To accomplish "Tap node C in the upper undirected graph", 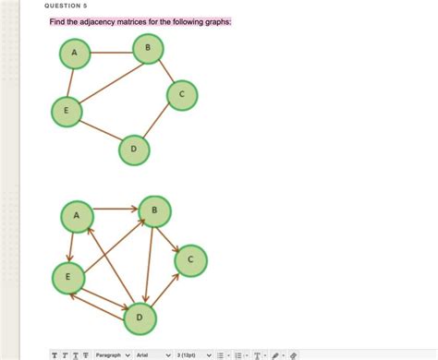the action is click(x=182, y=94).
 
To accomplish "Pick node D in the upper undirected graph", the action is click(x=134, y=149).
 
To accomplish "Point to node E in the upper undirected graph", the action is click(x=66, y=111).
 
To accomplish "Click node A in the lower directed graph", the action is click(x=77, y=217).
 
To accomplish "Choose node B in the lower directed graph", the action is click(x=154, y=211).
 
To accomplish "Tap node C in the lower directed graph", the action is click(x=190, y=260).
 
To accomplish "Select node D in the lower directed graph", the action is click(x=140, y=317).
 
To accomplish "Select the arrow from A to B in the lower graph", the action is click(x=116, y=210).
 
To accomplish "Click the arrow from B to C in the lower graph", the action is click(x=172, y=235).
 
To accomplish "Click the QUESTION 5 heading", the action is click(x=65, y=5).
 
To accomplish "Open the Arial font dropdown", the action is click(x=153, y=354).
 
